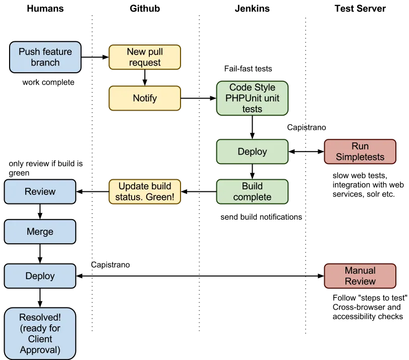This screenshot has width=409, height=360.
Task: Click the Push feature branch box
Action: (x=45, y=57)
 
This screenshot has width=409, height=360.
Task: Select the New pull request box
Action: (x=145, y=57)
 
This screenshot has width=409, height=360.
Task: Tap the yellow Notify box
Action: (x=145, y=98)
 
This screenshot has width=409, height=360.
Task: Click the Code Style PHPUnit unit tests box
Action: (x=252, y=98)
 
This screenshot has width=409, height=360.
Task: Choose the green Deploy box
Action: (x=252, y=151)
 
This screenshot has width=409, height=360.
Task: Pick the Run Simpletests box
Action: (x=360, y=151)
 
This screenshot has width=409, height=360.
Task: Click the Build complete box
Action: (x=252, y=191)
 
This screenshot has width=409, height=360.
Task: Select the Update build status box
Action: (x=145, y=191)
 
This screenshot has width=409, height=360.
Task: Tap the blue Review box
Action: (x=40, y=191)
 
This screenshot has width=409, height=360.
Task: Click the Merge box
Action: (x=40, y=232)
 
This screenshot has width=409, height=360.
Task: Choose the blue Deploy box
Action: (x=40, y=276)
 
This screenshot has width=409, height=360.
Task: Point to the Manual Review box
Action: (x=360, y=276)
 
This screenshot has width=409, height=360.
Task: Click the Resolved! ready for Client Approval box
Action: (x=40, y=333)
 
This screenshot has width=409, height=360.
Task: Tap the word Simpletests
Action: (x=360, y=157)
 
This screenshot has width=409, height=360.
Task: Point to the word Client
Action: (x=40, y=339)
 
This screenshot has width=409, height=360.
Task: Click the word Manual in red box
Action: (x=360, y=270)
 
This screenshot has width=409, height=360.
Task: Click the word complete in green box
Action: (x=252, y=197)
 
